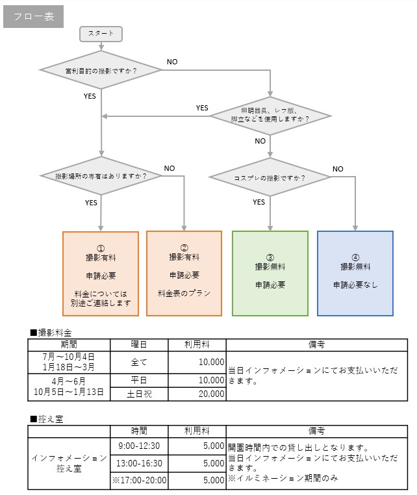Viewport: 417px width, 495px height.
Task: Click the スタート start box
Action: [101, 34]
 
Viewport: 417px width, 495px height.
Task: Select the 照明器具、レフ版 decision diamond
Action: [270, 116]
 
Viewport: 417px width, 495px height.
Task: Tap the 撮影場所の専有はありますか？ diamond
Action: [101, 176]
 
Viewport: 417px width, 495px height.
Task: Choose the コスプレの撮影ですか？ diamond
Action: [270, 177]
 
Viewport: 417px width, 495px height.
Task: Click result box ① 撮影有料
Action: [101, 273]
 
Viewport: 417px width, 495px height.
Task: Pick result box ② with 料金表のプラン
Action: [184, 273]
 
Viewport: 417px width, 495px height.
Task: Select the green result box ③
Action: [270, 273]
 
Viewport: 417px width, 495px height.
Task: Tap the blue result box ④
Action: [355, 273]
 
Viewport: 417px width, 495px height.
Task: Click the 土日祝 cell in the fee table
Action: [139, 394]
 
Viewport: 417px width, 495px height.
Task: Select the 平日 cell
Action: [139, 379]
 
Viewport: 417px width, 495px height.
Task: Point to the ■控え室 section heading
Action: [47, 419]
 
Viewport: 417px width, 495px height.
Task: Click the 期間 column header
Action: [69, 344]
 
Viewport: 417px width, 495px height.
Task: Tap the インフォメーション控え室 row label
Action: [69, 463]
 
